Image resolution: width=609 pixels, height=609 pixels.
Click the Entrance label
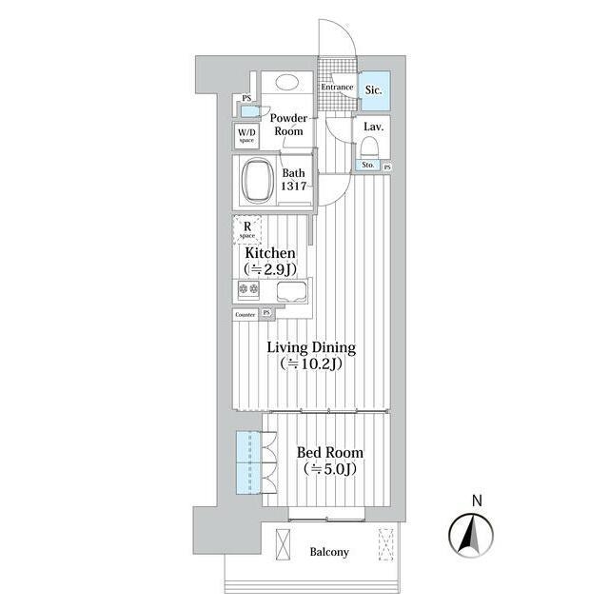337,87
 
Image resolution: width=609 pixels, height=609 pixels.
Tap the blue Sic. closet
374,90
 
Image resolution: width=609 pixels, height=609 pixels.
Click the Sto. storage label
368,165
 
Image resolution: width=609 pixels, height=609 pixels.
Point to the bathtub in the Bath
256,180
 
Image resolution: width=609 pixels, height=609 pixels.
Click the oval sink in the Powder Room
287,82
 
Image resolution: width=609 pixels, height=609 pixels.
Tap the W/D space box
246,135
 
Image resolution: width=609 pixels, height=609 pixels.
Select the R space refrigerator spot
247,230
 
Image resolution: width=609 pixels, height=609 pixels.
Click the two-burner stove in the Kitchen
248,288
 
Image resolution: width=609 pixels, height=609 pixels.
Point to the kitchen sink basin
292,292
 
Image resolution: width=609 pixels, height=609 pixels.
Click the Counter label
246,315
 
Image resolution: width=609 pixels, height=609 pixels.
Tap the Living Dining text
311,347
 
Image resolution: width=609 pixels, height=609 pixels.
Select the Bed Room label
330,453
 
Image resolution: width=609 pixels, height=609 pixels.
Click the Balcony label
329,552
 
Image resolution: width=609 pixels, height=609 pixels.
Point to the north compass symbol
471,536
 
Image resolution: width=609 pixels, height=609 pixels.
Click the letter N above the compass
477,501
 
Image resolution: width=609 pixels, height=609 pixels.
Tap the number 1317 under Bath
294,187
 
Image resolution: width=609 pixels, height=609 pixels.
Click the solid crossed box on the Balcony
283,544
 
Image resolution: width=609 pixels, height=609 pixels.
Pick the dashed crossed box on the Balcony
386,543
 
